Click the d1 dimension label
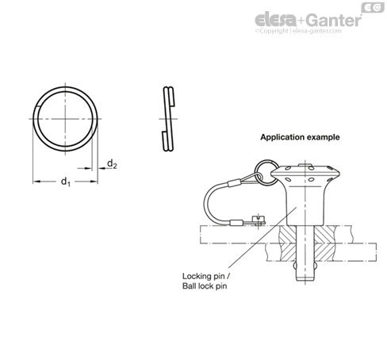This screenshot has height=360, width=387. coord(66,182)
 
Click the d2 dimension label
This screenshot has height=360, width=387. coord(112,164)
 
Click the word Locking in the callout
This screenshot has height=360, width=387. coord(196,277)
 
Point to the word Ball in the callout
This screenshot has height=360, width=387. coord(189,286)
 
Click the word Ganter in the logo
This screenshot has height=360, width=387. coord(335,21)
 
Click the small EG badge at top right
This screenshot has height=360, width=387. coord(373,8)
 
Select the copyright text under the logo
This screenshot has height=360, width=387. coord(298,31)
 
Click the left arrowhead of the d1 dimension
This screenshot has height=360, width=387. coord(36,182)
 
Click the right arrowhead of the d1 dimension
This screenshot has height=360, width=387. coord(94,182)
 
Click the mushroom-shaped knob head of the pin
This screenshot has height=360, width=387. coord(305,173)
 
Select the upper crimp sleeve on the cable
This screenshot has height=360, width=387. coord(234,182)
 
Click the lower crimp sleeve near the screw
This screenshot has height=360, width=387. coord(236,223)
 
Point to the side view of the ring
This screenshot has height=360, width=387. coord(168,119)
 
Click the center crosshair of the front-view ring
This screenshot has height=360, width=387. coord(65,119)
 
